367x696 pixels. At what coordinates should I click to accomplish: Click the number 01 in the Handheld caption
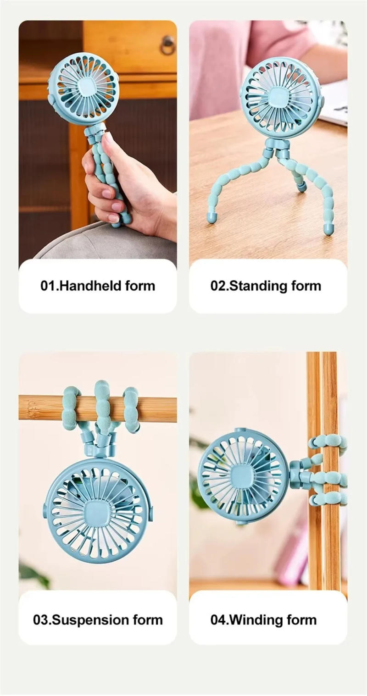(48, 286)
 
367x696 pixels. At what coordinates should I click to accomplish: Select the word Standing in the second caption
(253, 286)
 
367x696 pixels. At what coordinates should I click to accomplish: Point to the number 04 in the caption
(218, 620)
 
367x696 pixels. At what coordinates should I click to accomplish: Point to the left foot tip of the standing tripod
(211, 218)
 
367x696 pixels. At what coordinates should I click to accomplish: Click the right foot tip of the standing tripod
(328, 229)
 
